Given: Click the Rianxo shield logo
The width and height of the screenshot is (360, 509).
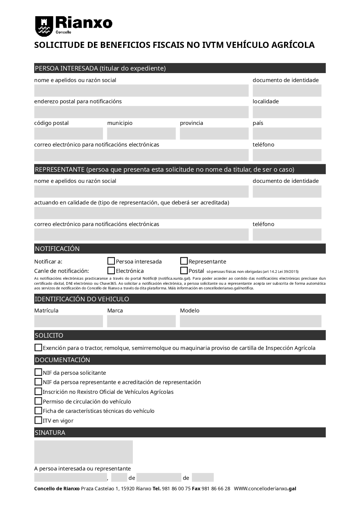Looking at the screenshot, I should tap(44, 26).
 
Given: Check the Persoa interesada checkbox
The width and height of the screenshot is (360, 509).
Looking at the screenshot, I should tap(111, 261).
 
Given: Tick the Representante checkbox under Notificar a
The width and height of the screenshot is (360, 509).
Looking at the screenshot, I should tap(184, 261).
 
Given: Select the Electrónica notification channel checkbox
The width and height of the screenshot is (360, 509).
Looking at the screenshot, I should tap(111, 270).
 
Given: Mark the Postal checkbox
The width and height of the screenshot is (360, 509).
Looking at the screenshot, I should tap(184, 270).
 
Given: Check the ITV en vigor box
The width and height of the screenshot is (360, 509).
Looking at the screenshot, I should tap(38, 420).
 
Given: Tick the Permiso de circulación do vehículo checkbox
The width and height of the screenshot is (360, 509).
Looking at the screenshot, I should tap(38, 401).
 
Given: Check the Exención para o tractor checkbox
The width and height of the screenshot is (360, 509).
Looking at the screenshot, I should tap(38, 347).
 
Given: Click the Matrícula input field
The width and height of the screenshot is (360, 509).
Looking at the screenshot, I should tap(68, 321).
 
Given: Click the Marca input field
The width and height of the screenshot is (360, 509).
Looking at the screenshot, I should tap(141, 321).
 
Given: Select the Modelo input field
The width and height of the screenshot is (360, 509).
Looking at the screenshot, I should tap(251, 321).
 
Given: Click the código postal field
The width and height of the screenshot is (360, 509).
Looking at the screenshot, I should tap(68, 134).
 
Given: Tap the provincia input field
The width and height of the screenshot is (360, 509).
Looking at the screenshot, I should tap(214, 134).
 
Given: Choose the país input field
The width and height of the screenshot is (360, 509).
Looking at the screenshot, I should tap(287, 134).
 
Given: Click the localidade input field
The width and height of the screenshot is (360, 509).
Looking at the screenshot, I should tap(287, 112).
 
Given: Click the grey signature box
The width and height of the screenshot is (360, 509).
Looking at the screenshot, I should tap(84, 452).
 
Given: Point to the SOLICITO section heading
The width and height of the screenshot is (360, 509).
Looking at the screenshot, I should tap(49, 335).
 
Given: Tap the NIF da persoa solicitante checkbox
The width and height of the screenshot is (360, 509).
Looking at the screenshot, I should tap(38, 372).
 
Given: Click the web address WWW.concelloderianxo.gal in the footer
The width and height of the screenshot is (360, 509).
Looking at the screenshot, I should tap(265, 488).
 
